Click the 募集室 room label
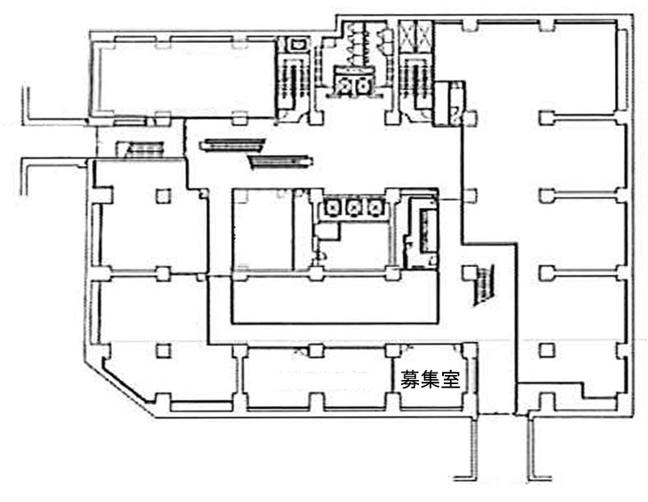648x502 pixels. tap(429, 380)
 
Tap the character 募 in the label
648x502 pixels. tap(409, 380)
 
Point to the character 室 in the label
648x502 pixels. tap(449, 380)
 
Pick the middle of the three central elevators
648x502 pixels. tap(356, 207)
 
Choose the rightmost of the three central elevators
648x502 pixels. tap(376, 207)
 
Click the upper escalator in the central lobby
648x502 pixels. tap(233, 145)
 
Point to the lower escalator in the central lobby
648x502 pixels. tap(279, 160)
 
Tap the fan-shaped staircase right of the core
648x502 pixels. tap(484, 285)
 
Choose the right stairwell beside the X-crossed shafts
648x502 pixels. tap(411, 82)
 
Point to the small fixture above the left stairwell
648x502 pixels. tap(295, 43)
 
